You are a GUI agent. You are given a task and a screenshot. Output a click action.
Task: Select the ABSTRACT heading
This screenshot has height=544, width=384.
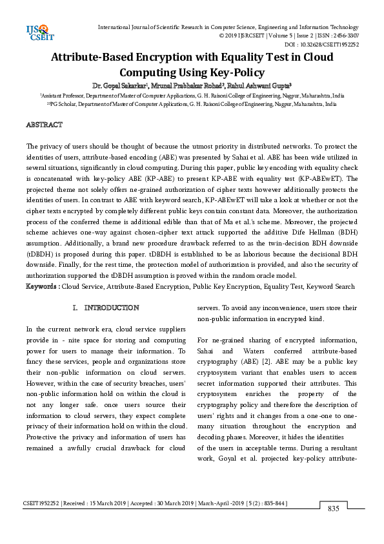44,124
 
